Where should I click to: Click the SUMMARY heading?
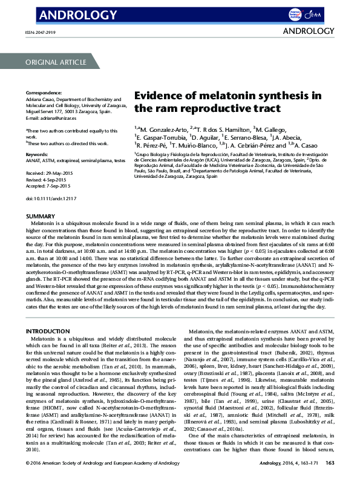click(x=39, y=216)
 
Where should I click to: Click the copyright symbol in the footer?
click(x=28, y=480)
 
